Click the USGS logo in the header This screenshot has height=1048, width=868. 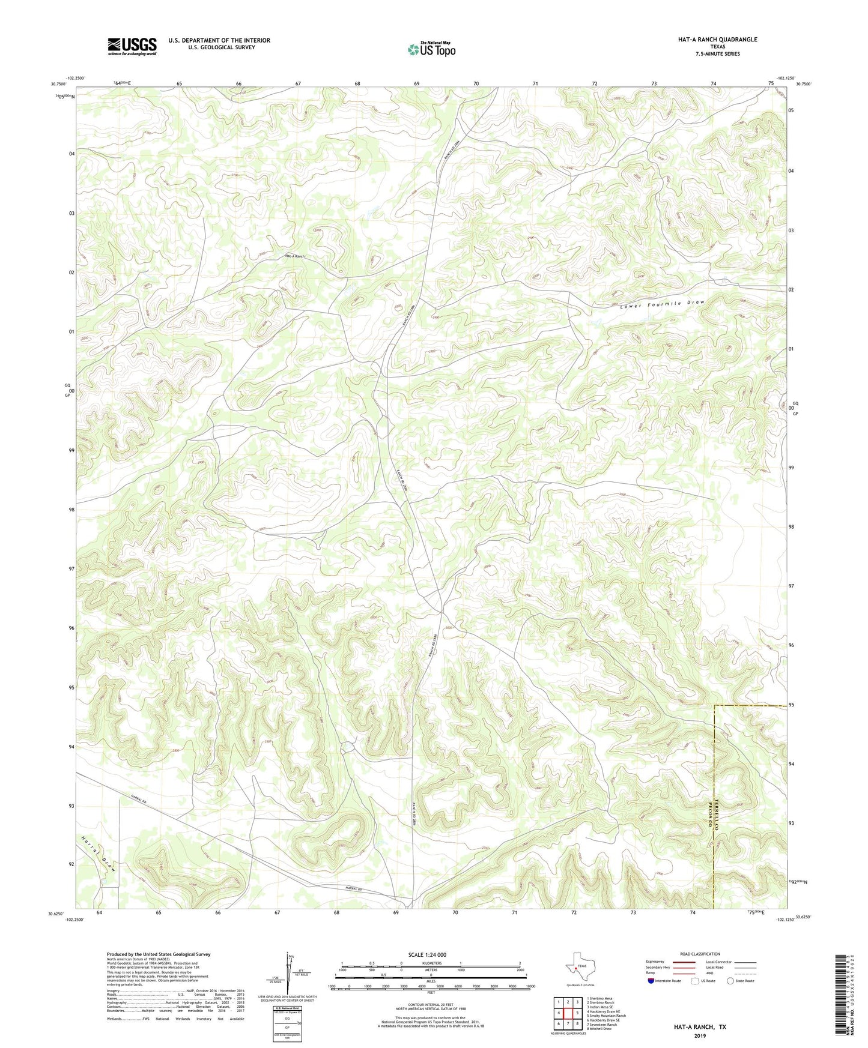click(x=132, y=46)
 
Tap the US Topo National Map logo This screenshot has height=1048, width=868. click(x=431, y=49)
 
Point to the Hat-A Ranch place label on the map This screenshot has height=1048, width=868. click(x=294, y=256)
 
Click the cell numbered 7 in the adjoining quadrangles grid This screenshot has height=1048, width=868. click(x=568, y=1024)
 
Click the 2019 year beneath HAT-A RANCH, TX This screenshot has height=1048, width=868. click(x=700, y=1035)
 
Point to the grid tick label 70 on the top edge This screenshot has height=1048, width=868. click(x=476, y=83)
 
